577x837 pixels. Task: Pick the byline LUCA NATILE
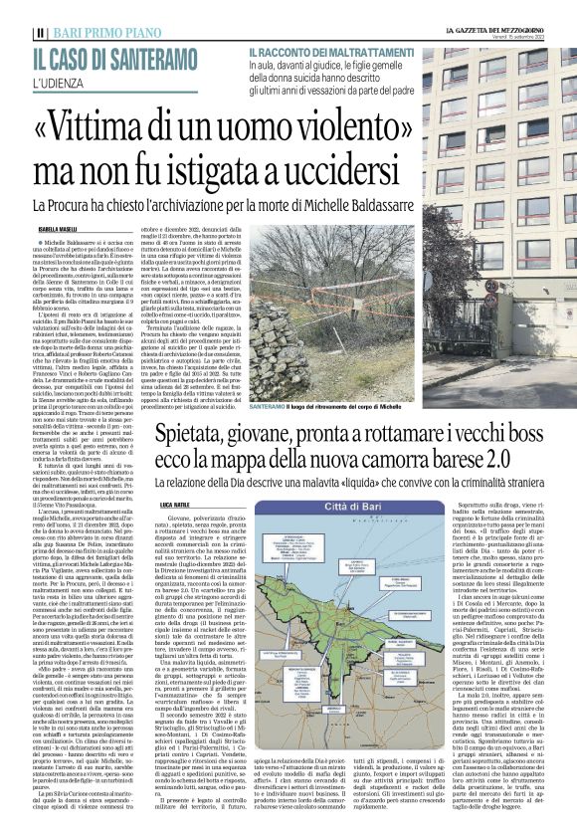tap(175, 506)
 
